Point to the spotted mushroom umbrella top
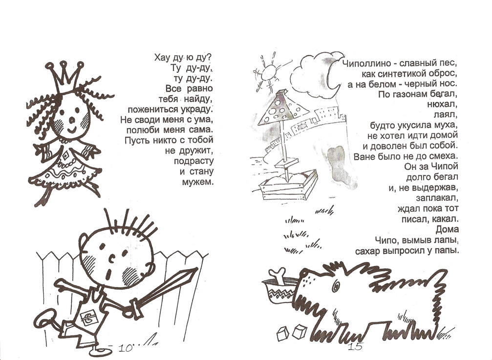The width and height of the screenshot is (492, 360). pyautogui.click(x=282, y=107)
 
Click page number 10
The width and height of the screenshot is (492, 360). pyautogui.click(x=126, y=348)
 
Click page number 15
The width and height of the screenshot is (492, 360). pyautogui.click(x=356, y=347)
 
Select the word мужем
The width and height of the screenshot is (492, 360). pyautogui.click(x=198, y=182)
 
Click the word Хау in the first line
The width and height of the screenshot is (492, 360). pyautogui.click(x=162, y=57)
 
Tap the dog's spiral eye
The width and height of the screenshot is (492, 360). pyautogui.click(x=336, y=285)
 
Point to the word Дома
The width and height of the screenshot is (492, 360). pyautogui.click(x=447, y=230)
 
